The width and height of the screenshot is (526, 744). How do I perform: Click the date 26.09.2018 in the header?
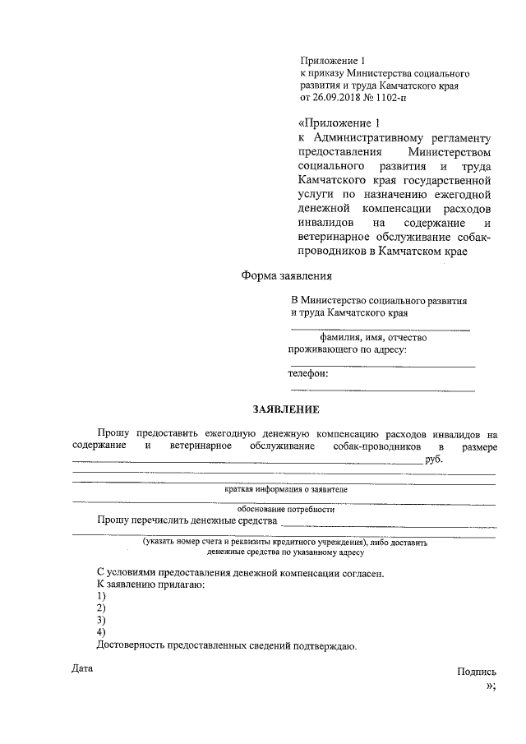[336, 97]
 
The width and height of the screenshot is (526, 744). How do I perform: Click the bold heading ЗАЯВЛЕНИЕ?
[284, 409]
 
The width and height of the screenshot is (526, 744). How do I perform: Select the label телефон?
[308, 373]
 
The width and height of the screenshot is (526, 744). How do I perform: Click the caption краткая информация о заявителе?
[285, 489]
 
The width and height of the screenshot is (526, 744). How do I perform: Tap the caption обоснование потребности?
[285, 509]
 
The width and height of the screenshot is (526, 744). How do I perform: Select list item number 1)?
[101, 595]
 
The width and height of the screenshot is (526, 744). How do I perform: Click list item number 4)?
[101, 632]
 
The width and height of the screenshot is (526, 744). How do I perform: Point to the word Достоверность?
[135, 646]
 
